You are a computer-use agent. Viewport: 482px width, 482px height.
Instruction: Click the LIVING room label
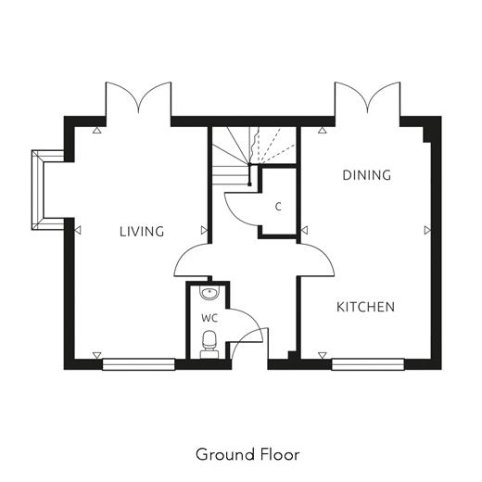[142, 232]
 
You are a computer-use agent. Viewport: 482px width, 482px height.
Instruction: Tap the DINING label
[367, 175]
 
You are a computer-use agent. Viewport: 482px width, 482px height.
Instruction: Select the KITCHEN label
[365, 307]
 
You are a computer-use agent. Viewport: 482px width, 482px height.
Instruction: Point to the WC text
[209, 318]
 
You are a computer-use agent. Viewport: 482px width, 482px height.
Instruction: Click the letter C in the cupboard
[278, 207]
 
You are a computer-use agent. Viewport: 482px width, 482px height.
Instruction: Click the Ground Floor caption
[247, 454]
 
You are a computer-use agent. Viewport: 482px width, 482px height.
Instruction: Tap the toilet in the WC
[209, 344]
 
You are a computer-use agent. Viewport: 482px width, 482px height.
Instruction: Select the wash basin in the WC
[209, 293]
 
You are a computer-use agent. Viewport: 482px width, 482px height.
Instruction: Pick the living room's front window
[138, 364]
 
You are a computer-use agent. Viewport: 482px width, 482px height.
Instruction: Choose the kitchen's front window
[368, 364]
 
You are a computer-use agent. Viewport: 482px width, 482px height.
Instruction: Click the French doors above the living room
[138, 99]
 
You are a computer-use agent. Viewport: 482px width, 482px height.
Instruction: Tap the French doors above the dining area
[367, 99]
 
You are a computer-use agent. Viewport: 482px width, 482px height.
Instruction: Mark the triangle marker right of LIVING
[204, 230]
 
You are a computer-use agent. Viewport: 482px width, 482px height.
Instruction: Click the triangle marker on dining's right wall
[427, 230]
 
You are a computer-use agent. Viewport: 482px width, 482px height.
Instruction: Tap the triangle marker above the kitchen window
[323, 355]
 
